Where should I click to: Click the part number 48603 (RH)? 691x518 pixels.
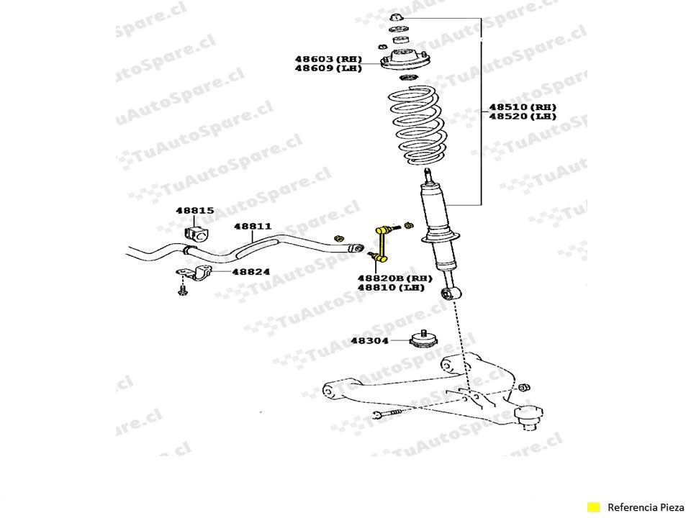[x=328, y=59]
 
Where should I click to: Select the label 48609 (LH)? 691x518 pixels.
[x=328, y=68]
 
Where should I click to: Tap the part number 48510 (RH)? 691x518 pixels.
[x=523, y=107]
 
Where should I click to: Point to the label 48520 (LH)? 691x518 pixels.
[x=523, y=117]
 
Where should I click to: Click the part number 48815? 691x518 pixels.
[x=195, y=211]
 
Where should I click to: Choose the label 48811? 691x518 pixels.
[x=253, y=227]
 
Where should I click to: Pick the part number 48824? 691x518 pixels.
[x=251, y=272]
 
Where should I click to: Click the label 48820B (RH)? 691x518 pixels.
[x=395, y=278]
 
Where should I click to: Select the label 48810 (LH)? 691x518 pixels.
[x=391, y=288]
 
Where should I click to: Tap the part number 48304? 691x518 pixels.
[x=370, y=340]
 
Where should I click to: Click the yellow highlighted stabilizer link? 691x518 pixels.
[x=380, y=244]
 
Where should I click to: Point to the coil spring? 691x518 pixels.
[x=414, y=125]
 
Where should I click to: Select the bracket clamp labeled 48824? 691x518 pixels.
[x=194, y=273]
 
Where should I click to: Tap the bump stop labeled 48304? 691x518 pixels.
[x=423, y=339]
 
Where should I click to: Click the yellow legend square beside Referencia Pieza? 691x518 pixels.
[x=594, y=507]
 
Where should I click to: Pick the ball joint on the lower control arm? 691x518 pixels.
[x=528, y=417]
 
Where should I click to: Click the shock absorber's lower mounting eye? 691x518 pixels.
[x=451, y=293]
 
